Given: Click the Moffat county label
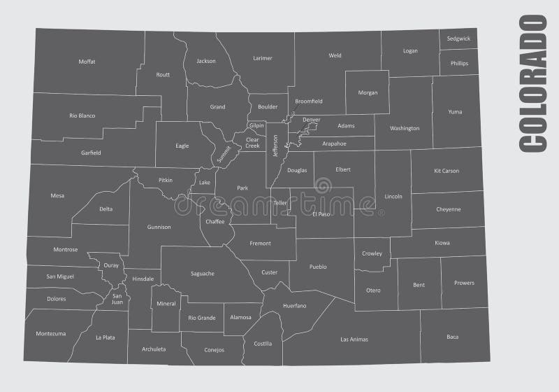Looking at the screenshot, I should point(87,62).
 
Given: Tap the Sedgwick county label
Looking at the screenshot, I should point(458,38).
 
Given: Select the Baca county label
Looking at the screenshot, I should point(453,337).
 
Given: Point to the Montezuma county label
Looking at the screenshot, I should point(50,333).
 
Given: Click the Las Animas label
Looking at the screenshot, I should point(354,339).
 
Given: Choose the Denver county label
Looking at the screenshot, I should point(312,120).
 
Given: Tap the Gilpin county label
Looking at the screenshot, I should point(256,125).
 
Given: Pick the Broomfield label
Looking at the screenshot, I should point(309,101).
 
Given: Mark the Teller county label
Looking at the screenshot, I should point(280,203).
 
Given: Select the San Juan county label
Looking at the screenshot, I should point(117,299).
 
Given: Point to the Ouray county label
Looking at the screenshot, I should point(111,265).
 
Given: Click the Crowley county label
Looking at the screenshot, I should point(372,253).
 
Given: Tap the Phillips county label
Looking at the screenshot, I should point(459,63).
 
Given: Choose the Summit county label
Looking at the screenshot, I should point(224,153).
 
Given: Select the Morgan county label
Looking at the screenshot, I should point(368,92).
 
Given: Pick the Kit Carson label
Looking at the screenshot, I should point(447,171).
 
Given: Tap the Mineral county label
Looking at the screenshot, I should point(166,304).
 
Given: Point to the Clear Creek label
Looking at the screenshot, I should point(252,143).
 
